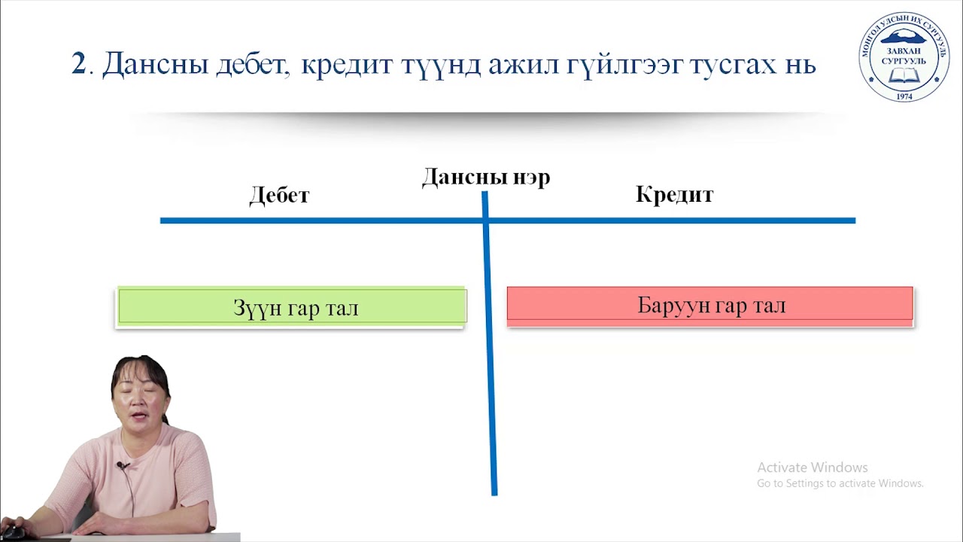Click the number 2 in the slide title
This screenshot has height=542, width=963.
[79, 64]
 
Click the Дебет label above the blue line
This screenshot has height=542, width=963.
[279, 196]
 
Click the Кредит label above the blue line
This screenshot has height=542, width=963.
[674, 195]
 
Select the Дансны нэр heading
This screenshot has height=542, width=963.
[485, 178]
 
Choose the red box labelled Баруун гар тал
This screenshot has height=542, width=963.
[710, 305]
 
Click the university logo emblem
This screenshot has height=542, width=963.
[904, 57]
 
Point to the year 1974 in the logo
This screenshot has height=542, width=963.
[904, 95]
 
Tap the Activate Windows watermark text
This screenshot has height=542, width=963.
[812, 467]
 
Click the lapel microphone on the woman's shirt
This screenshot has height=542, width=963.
[120, 465]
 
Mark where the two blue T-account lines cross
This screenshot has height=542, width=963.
[485, 221]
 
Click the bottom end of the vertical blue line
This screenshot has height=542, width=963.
[494, 492]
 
